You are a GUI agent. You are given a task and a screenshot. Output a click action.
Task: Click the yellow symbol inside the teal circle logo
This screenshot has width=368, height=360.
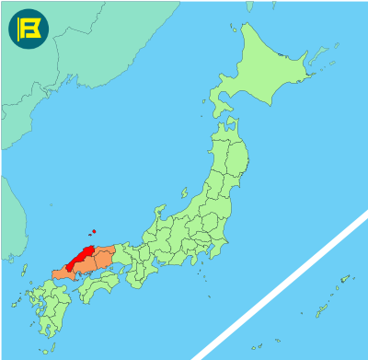click(x=28, y=28)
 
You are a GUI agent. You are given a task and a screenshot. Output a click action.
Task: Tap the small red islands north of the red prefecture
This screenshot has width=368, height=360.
click(x=93, y=232)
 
